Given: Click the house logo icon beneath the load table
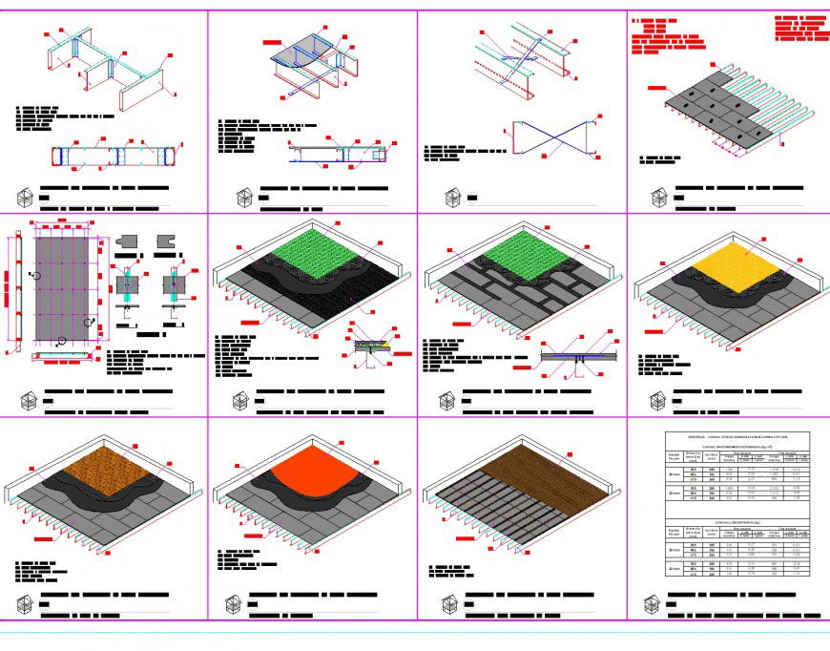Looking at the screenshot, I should point(654,603).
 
